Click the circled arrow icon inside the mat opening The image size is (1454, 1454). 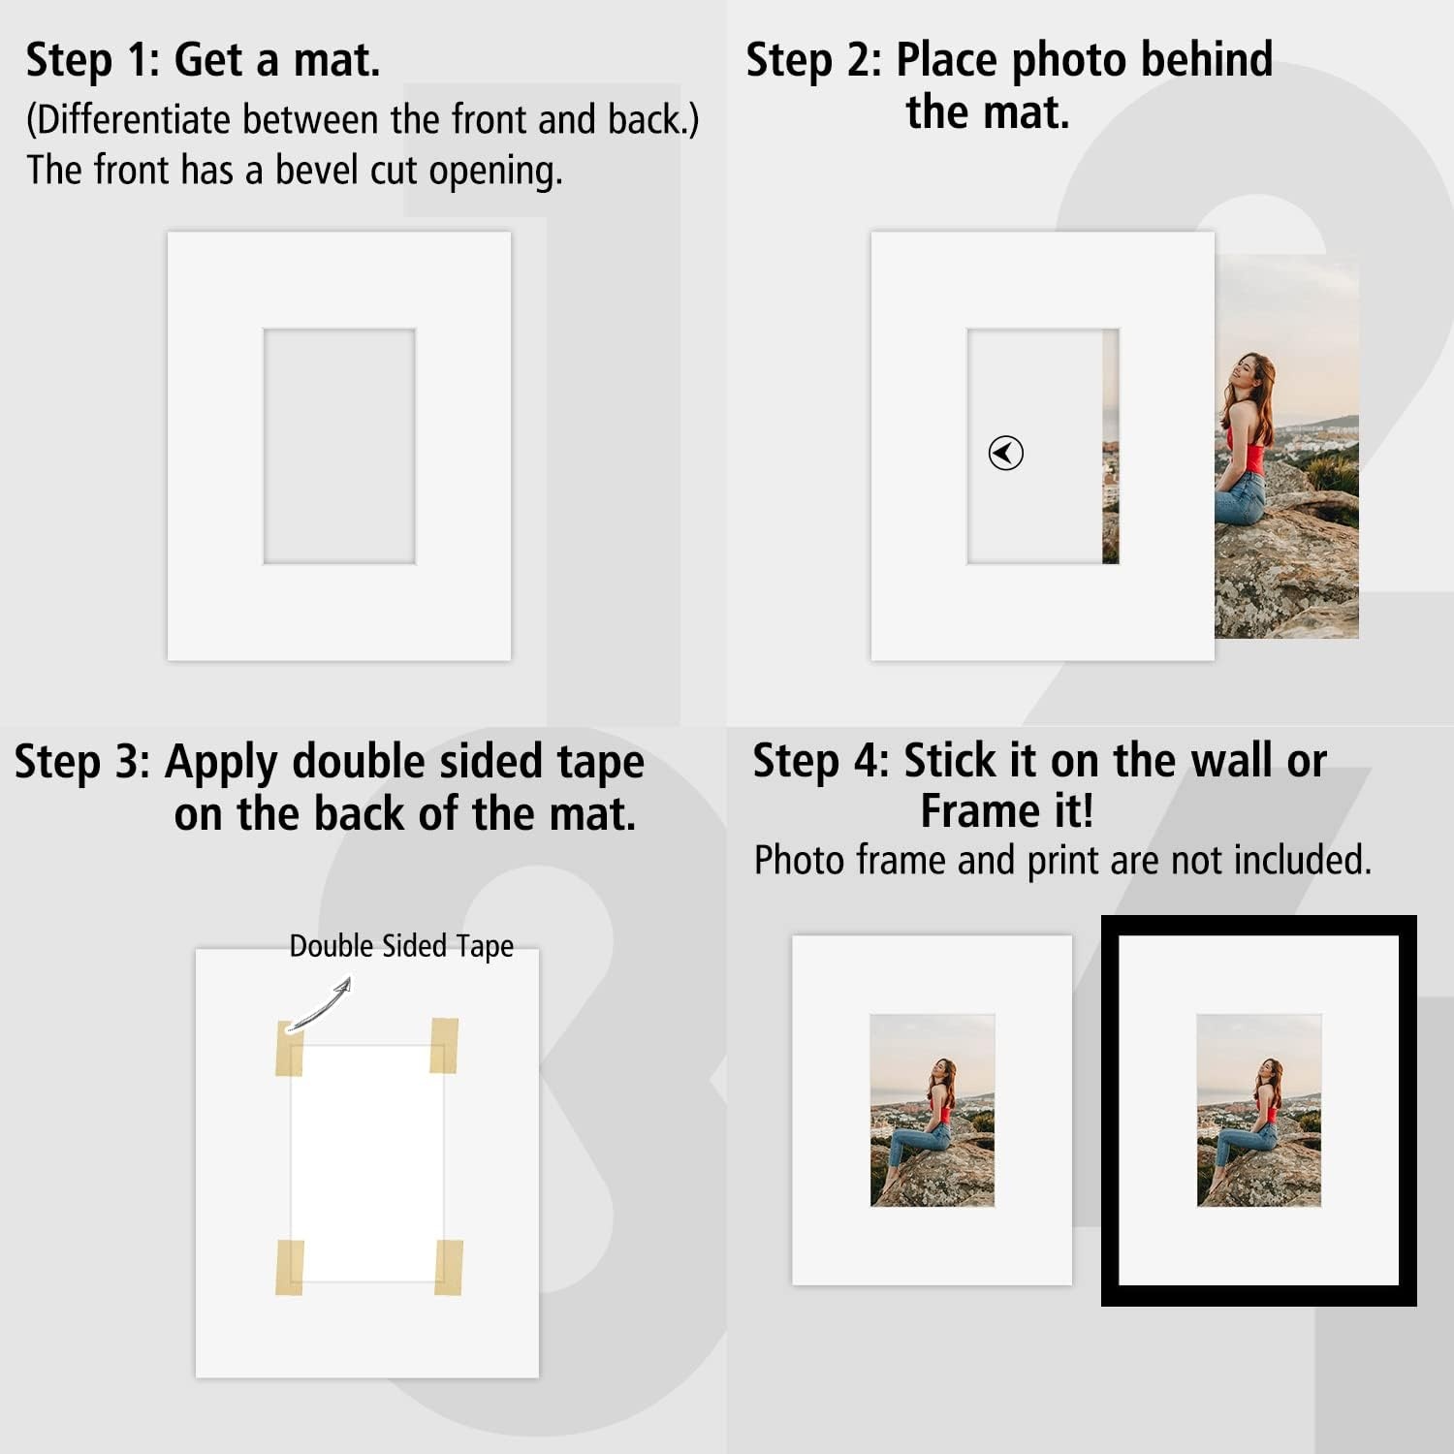coord(1005,453)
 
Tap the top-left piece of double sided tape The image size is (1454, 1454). coord(289,1048)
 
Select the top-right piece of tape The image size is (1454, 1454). coord(444,1046)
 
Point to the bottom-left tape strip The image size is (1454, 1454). coord(290,1267)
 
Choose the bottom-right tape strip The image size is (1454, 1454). coord(448,1267)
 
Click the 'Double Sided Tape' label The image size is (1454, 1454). coord(401,946)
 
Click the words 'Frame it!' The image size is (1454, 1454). coord(1007,811)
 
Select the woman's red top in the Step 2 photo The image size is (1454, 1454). coord(1246,453)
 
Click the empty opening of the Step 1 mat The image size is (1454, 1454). coord(339,446)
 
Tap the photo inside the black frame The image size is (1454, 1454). coord(1259,1110)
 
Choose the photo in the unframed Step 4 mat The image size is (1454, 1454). coord(932,1110)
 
